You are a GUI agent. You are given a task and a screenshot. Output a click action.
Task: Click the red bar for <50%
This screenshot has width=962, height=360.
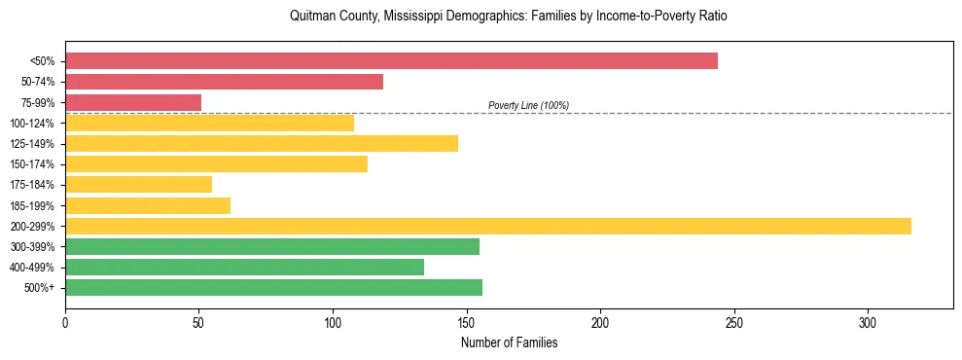coord(391,61)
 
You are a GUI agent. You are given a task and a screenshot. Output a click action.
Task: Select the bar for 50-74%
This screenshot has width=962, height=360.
coord(224,82)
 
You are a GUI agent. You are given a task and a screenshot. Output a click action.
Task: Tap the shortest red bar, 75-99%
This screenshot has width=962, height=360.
coord(133,102)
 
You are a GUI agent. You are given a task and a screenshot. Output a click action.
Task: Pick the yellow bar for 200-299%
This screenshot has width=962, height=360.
coord(487,226)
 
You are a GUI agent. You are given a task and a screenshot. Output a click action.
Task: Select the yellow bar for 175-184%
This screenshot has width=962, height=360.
coord(138,184)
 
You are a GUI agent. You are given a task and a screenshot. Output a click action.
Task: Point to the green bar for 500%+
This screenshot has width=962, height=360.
coord(273,287)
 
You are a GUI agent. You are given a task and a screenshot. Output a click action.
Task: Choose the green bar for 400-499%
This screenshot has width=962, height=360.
coord(244,267)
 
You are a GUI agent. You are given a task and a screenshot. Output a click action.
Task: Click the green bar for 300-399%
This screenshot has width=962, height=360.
coord(272,246)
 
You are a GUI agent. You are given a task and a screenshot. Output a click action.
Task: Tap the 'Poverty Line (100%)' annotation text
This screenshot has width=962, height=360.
coord(528,105)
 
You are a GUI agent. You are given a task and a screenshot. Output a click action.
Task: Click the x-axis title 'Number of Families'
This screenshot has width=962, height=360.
coord(509,342)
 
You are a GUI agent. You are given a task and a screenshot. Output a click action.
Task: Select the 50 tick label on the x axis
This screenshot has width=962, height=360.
coord(198,323)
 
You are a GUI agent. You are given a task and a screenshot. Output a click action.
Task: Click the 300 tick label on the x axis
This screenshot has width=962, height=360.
coord(868,323)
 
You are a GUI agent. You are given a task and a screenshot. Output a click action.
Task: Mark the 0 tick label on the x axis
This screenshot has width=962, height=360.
coord(65,323)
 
